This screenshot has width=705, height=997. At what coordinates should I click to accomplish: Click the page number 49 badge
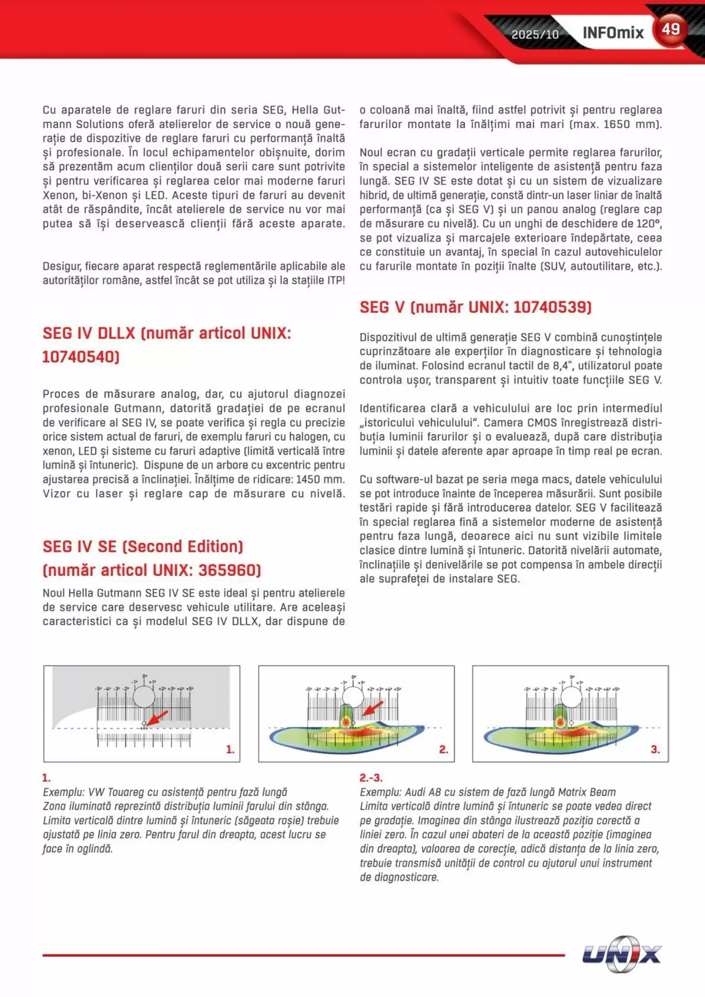[671, 29]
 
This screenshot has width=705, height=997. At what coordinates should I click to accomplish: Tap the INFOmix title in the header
[613, 33]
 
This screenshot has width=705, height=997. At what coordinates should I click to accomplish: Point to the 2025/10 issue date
[534, 34]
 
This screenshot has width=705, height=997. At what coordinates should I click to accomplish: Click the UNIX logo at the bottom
[622, 954]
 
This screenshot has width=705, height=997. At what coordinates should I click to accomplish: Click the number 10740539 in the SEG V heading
[552, 307]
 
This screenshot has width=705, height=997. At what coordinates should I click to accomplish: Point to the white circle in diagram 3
[571, 697]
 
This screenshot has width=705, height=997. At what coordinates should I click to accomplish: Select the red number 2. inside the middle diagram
[444, 749]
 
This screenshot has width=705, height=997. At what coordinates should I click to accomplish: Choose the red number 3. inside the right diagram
[655, 749]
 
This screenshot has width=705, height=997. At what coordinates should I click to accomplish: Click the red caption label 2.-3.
[371, 778]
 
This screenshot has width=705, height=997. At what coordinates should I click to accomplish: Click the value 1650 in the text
[616, 124]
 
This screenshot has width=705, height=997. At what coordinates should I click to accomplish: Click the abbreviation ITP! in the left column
[336, 280]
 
